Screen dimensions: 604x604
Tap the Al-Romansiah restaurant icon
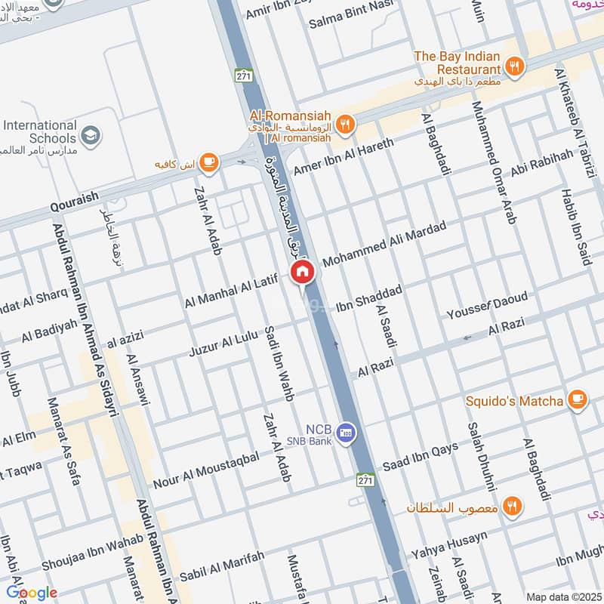pos(345,125)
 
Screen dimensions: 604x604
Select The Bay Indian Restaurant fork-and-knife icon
pos(514,66)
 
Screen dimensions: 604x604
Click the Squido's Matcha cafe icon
pos(578,399)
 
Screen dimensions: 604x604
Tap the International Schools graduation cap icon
pos(91,135)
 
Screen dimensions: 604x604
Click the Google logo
pos(31,593)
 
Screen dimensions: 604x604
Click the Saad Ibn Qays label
pos(421,455)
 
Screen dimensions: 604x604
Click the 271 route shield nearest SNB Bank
pos(365,480)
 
